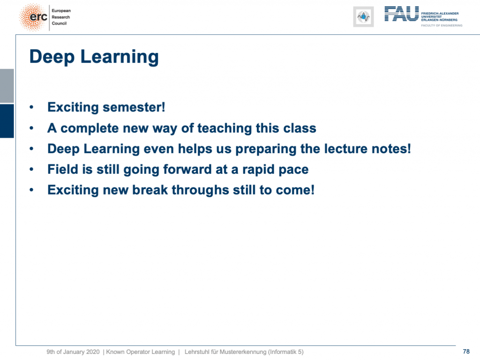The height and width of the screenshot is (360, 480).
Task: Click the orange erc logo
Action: (33, 17)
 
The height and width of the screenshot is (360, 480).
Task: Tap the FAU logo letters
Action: (401, 14)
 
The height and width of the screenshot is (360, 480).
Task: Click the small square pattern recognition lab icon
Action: (363, 17)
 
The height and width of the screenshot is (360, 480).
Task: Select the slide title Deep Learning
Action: (94, 57)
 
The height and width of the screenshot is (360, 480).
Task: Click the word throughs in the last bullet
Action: (200, 190)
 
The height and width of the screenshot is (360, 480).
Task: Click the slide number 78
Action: (466, 352)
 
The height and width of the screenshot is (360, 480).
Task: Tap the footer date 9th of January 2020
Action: (73, 352)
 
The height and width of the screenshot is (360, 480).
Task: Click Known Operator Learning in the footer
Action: (141, 352)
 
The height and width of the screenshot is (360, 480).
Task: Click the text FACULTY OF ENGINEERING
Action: (442, 25)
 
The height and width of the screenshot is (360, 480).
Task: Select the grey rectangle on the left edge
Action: (7, 86)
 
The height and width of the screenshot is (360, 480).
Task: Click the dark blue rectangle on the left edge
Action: (7, 121)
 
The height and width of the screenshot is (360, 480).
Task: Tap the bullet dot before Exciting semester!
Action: (31, 107)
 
